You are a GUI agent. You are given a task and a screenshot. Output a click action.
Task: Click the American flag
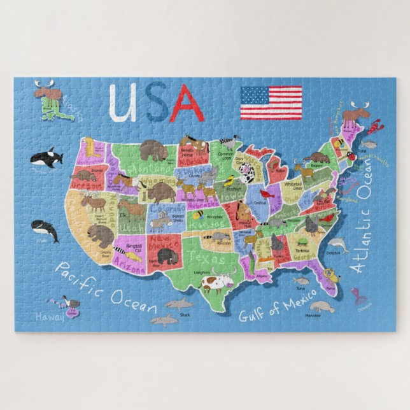coord(271,103)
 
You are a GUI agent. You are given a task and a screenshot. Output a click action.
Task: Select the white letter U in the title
coord(123,103)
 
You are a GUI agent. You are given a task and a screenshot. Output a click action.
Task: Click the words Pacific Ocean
coord(106,286)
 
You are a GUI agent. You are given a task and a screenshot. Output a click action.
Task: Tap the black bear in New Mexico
coord(167,255)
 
